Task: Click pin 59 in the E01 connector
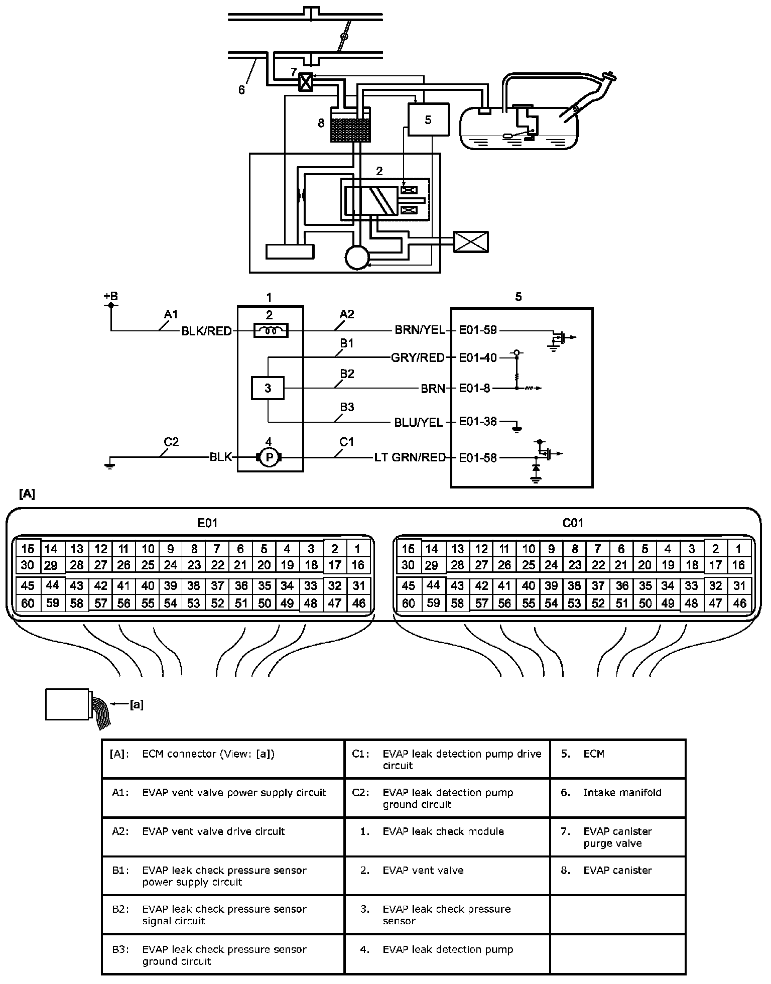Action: click(53, 602)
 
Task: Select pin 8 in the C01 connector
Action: click(575, 549)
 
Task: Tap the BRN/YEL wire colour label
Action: click(420, 330)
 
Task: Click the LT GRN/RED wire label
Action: click(410, 457)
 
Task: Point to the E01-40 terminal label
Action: click(478, 357)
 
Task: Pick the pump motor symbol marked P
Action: click(269, 457)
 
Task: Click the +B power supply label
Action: click(111, 296)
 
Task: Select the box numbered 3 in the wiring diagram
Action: click(268, 388)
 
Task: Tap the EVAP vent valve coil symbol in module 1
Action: click(271, 330)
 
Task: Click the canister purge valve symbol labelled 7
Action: click(305, 82)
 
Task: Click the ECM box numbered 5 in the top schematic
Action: click(428, 119)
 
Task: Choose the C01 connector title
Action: click(573, 523)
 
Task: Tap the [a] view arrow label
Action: click(137, 705)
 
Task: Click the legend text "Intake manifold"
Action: click(622, 793)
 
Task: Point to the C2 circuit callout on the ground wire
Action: click(171, 442)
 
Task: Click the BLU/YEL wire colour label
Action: click(419, 422)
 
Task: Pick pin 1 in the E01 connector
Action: click(358, 549)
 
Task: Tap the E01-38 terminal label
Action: click(478, 421)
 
